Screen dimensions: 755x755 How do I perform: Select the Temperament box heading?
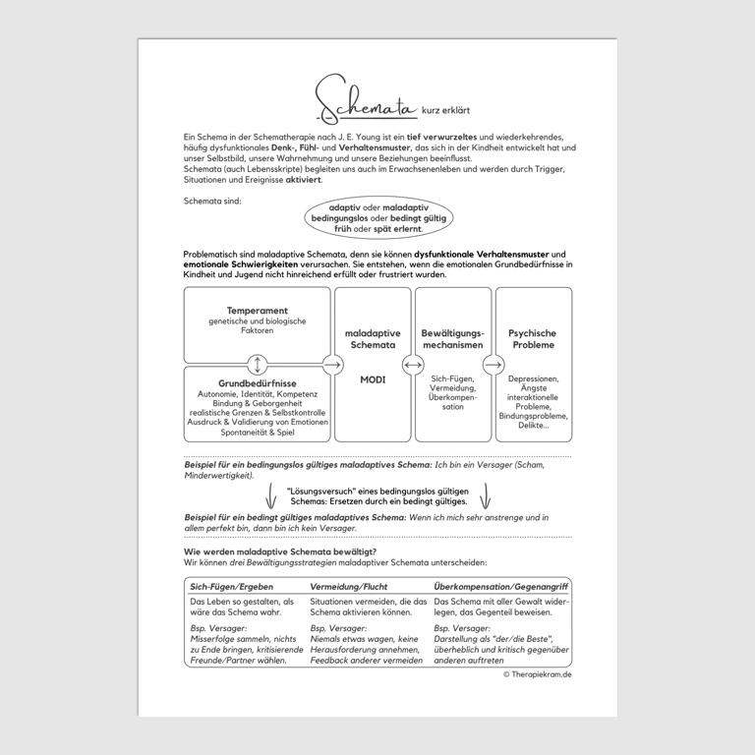(x=257, y=311)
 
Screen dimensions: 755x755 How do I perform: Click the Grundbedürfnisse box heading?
(x=257, y=383)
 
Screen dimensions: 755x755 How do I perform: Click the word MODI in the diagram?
(x=373, y=379)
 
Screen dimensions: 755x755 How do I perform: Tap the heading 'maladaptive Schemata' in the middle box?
(x=373, y=339)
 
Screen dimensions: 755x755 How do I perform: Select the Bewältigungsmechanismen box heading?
(x=452, y=339)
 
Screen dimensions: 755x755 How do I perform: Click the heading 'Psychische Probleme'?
(x=533, y=339)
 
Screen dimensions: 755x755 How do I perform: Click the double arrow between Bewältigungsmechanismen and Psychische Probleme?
(x=494, y=365)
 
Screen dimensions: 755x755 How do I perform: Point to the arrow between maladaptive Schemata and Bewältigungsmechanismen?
(x=413, y=365)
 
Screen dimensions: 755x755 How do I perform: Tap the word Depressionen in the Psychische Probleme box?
(x=533, y=378)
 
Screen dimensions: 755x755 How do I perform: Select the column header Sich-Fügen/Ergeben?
(x=232, y=586)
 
